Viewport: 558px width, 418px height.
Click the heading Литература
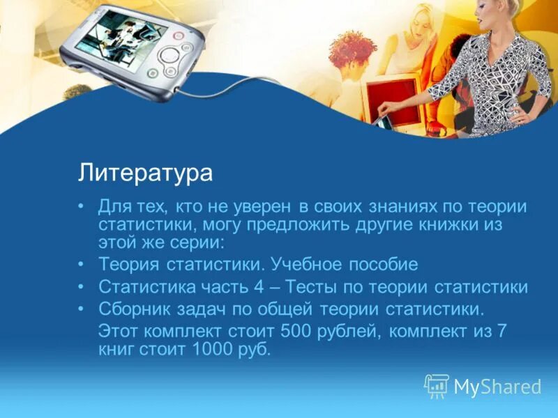click(145, 172)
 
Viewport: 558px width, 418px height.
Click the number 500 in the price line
click(317, 330)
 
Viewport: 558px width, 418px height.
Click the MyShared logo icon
click(437, 385)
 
